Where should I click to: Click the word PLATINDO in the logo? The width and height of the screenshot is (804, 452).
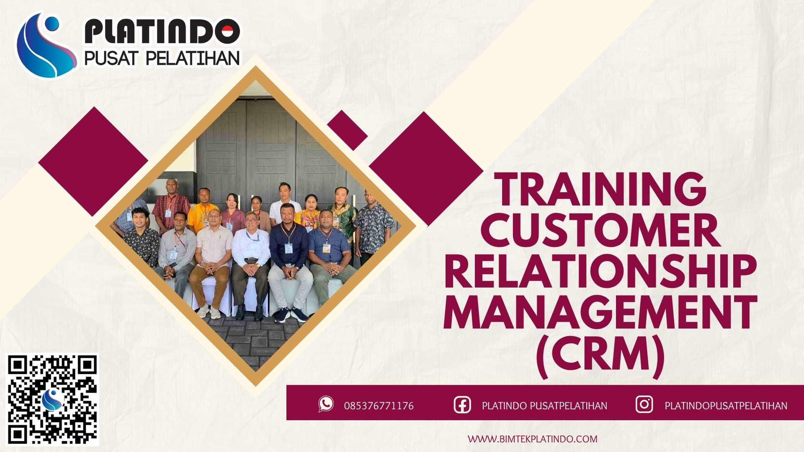[x=162, y=32]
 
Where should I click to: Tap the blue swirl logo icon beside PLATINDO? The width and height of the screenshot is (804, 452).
[x=45, y=45]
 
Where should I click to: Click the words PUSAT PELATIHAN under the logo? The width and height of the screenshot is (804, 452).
[x=162, y=58]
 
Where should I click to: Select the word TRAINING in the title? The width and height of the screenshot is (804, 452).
[x=601, y=189]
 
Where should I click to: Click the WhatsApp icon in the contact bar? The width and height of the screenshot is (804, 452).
[x=326, y=404]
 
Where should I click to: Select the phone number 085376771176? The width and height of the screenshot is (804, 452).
[x=379, y=406]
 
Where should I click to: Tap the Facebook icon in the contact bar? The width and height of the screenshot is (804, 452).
[x=462, y=405]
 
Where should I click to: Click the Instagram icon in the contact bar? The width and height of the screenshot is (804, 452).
[x=644, y=404]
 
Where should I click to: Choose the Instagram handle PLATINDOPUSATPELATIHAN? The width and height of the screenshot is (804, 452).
[x=726, y=406]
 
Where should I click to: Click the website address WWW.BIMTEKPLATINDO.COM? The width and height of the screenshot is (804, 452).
[x=532, y=439]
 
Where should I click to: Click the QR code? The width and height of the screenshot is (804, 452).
[x=52, y=400]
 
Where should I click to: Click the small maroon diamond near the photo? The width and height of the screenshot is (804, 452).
[x=347, y=130]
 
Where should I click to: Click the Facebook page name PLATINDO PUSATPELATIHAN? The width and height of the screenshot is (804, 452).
[x=544, y=406]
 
